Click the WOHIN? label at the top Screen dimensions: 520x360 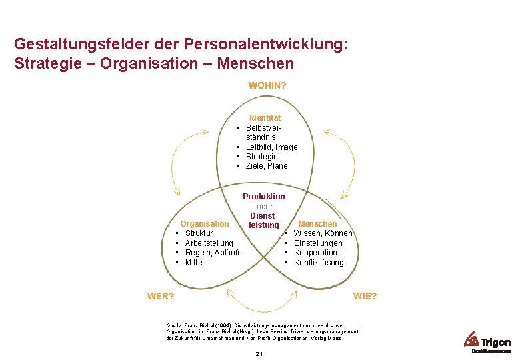pos(267,85)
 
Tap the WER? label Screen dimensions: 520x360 pos(161,295)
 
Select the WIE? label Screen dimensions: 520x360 pos(365,295)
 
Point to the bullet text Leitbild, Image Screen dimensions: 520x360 pos(271,147)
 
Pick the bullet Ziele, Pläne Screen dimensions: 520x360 pos(267,165)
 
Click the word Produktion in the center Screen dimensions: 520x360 pos(263,197)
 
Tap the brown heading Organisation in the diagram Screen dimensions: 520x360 pos(205,224)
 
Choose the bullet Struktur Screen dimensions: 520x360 pos(199,233)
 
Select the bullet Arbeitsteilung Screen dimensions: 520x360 pos(209,243)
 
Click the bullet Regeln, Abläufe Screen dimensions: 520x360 pos(213,253)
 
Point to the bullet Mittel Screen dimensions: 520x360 pos(195,263)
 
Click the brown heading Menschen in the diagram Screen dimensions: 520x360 pos(317,224)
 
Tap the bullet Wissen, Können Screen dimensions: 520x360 pos(323,233)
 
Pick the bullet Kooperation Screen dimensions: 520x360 pos(315,253)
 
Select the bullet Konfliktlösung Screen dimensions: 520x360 pos(319,263)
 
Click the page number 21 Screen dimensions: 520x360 pos(259,353)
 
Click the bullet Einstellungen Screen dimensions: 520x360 pos(318,243)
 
